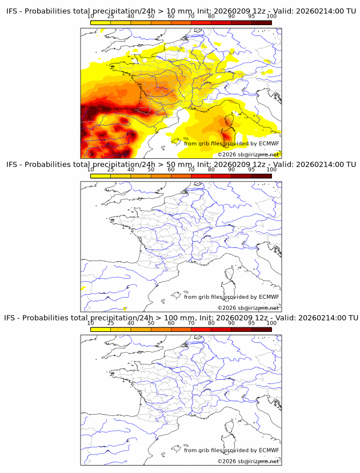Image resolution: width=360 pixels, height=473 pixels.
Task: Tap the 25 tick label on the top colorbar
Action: coord(111,17)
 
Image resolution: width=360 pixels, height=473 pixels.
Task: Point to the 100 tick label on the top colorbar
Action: coord(271,17)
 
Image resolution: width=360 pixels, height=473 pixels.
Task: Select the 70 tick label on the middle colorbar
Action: coord(191,170)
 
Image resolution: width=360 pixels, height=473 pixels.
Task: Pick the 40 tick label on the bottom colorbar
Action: coord(131,323)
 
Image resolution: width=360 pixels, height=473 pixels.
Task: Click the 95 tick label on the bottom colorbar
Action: coord(251,323)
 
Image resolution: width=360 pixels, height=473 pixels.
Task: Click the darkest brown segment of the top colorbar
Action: coord(261,23)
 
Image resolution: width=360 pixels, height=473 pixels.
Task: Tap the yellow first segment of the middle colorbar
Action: coord(101,176)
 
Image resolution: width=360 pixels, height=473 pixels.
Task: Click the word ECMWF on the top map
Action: coord(269,143)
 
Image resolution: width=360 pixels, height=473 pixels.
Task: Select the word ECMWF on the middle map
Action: coord(269,296)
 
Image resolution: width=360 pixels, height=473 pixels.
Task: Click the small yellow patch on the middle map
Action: coord(83,288)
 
